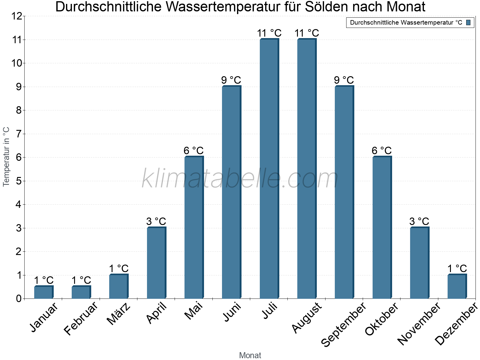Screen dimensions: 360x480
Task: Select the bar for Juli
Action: click(269, 169)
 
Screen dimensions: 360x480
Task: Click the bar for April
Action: click(156, 263)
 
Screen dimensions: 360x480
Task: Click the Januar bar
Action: click(43, 292)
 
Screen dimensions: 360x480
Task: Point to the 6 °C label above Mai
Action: click(193, 150)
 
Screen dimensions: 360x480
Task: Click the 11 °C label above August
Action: click(307, 33)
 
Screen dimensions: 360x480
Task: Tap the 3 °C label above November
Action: click(419, 221)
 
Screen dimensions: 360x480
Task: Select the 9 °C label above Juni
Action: click(231, 80)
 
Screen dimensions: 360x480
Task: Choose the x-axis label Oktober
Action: click(381, 319)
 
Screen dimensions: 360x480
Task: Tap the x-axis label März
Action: click(119, 314)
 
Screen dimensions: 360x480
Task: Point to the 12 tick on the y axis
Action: click(17, 16)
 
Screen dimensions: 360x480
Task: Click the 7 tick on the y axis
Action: click(19, 134)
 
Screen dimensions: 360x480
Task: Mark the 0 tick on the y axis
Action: click(19, 298)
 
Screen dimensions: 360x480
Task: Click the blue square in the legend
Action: click(468, 22)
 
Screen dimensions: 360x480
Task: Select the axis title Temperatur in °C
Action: click(6, 157)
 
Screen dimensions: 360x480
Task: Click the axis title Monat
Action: click(250, 355)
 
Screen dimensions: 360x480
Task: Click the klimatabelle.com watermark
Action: click(240, 178)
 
